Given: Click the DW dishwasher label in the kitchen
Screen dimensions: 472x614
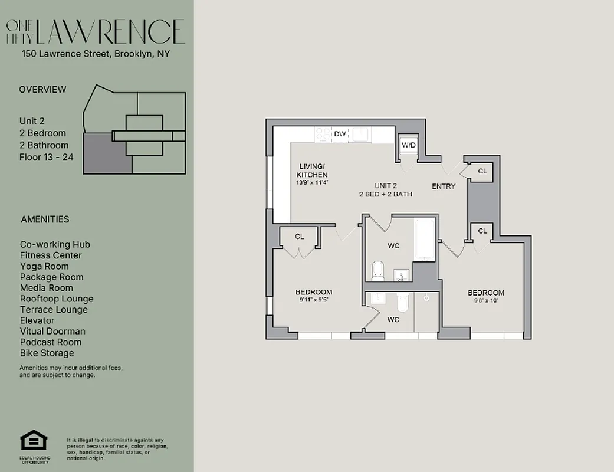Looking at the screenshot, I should tap(340, 135).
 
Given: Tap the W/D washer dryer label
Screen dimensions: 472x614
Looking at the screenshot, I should tap(409, 145).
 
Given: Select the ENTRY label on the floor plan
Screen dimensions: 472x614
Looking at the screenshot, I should tap(444, 186).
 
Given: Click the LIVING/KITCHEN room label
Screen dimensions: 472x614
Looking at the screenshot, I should tap(312, 171).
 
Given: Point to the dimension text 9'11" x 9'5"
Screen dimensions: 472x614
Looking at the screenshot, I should tap(313, 300).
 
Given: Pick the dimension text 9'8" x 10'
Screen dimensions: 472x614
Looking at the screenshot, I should tap(485, 301).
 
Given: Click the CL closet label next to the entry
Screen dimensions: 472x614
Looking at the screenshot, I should tap(482, 171).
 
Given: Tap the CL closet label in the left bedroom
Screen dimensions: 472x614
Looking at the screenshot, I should tap(300, 237).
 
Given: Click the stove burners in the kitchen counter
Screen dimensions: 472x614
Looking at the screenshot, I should tap(323, 135).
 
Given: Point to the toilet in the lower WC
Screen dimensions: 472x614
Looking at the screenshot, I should tap(403, 301).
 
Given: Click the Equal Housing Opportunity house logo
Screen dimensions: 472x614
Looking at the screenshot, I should tap(34, 441).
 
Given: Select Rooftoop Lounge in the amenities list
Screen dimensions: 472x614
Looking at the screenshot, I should tap(57, 299).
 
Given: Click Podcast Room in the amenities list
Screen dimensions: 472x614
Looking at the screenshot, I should tap(51, 342).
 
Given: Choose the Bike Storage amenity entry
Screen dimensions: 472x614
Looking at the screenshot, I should tap(47, 353).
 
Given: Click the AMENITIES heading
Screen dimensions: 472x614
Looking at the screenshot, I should tap(45, 219).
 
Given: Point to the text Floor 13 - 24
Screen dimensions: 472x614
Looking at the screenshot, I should tap(47, 157).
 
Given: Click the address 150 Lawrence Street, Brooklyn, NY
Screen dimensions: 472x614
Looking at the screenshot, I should tap(96, 54).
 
